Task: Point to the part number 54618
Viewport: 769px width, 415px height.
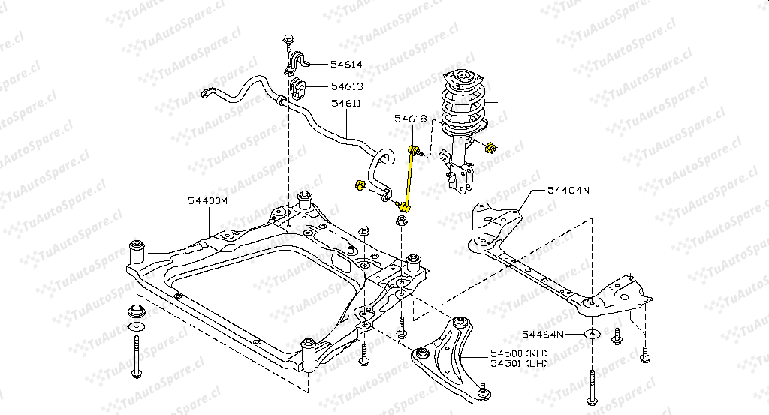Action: [411, 119]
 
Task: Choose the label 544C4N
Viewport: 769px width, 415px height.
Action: [568, 190]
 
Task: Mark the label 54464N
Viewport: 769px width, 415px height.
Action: [544, 333]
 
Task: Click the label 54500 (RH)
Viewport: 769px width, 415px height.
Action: [520, 353]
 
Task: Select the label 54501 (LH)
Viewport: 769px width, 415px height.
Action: [520, 364]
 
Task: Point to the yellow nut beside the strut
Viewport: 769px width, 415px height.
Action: [490, 147]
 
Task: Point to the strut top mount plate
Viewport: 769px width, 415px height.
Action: [461, 79]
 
